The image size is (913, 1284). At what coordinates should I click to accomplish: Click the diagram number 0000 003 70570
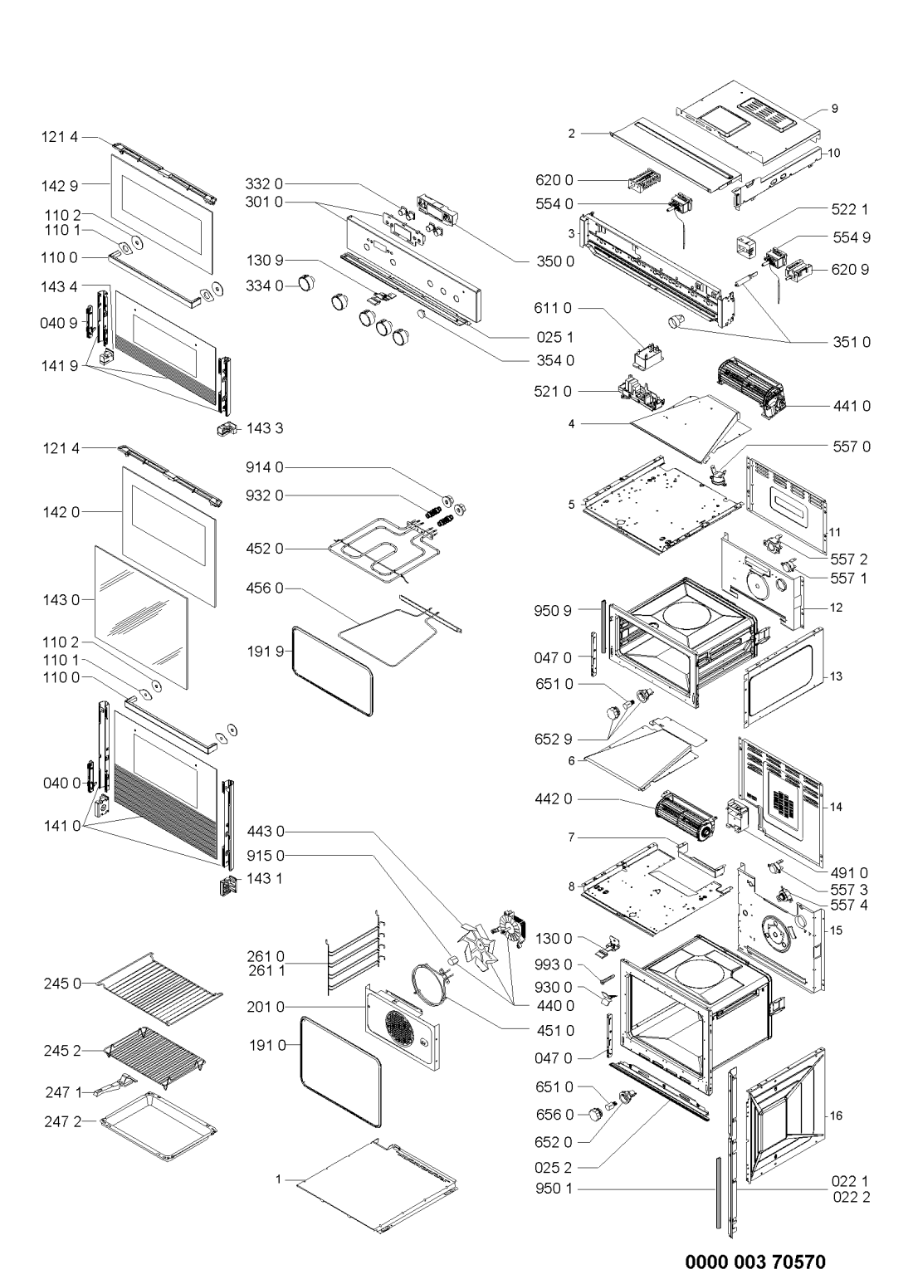click(x=754, y=1262)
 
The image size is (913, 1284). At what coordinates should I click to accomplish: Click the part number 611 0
click(x=555, y=308)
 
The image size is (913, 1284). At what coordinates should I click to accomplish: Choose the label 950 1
click(x=555, y=1189)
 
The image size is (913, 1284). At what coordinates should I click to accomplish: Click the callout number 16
click(x=836, y=1116)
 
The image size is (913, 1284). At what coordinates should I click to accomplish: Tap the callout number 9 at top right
click(x=835, y=109)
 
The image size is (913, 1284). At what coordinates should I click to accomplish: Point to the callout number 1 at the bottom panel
click(x=280, y=1178)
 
